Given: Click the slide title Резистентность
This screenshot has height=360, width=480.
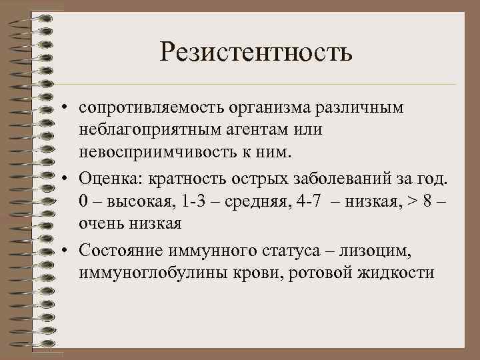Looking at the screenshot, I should [x=255, y=51].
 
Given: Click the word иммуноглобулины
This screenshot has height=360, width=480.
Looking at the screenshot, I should [x=139, y=273].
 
